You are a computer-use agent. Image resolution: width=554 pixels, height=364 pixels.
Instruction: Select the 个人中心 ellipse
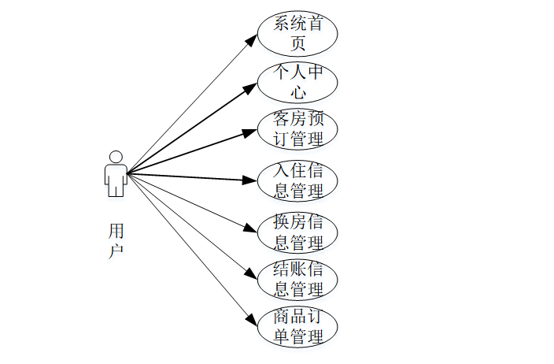[297, 82]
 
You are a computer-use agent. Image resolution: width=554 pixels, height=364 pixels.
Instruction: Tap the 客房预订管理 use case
[297, 130]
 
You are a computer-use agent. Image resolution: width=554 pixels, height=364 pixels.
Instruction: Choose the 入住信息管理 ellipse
[297, 180]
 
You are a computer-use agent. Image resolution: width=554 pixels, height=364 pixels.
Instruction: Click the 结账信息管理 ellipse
[297, 279]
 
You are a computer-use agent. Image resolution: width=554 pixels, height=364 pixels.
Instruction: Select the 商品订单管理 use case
[297, 328]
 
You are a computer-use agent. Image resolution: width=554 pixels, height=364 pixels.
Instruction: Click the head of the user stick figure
[116, 157]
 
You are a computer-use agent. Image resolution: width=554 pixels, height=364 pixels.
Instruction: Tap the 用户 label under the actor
[116, 241]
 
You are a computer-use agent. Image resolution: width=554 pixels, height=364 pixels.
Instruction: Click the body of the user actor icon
[116, 180]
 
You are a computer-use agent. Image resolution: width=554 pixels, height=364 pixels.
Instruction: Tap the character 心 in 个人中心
[297, 92]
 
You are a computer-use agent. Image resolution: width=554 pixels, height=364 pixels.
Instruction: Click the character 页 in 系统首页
[297, 43]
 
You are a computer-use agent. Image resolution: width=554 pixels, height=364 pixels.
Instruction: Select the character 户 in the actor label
[116, 251]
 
